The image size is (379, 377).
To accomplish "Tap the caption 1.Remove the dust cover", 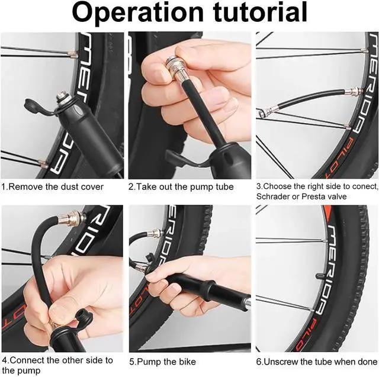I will point(53,187).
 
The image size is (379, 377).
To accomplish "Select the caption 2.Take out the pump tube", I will point(181,187).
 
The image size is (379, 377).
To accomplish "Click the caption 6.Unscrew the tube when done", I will point(316,362).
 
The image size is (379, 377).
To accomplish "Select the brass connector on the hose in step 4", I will point(72,218).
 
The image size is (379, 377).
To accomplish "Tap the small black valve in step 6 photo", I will point(320,276).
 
